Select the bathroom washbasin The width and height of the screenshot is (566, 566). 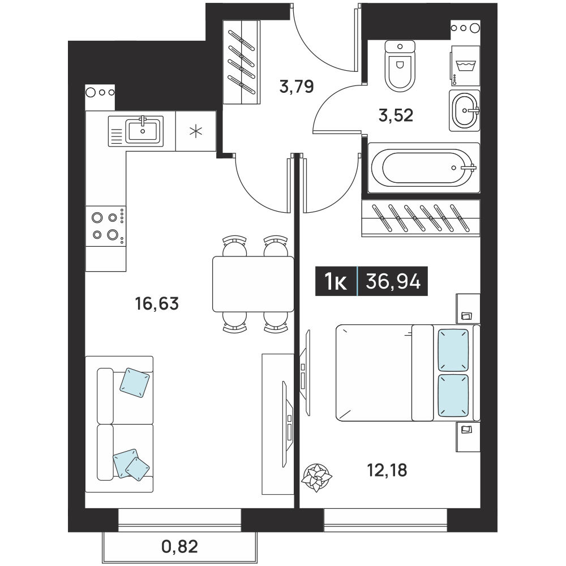(x=465, y=110)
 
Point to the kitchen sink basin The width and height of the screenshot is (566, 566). (x=143, y=131)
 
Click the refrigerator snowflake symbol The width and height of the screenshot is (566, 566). (x=196, y=131)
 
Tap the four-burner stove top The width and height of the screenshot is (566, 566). (x=106, y=226)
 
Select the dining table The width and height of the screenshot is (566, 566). (x=253, y=284)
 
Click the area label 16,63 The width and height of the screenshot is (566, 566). (x=157, y=303)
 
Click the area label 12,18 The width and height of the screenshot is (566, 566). (x=387, y=470)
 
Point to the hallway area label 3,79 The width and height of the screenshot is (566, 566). (x=297, y=87)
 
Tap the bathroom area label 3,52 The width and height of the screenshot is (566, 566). (x=396, y=115)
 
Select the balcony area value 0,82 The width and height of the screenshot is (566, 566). (x=180, y=547)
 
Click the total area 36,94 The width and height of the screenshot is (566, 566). (x=393, y=281)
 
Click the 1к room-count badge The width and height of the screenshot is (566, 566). (x=336, y=281)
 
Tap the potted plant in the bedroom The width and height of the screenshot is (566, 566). (x=316, y=478)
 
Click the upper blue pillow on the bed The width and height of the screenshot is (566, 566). (x=453, y=350)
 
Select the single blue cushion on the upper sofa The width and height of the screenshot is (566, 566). (x=134, y=383)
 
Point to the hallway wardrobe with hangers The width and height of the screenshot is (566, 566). (x=242, y=62)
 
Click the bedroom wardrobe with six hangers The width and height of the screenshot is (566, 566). (x=421, y=218)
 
